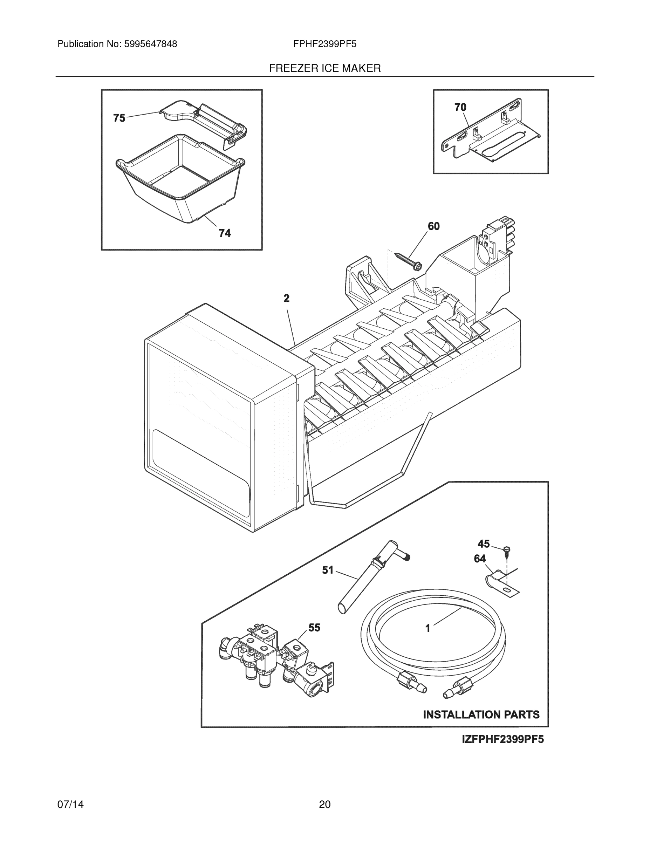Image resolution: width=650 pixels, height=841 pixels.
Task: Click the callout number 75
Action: pyautogui.click(x=119, y=118)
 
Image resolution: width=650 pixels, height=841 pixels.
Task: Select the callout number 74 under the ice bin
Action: pyautogui.click(x=225, y=233)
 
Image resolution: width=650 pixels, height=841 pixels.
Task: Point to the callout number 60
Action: pyautogui.click(x=433, y=226)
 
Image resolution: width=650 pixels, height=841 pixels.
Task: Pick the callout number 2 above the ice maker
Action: pyautogui.click(x=287, y=298)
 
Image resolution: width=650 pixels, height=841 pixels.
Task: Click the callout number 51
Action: pyautogui.click(x=328, y=570)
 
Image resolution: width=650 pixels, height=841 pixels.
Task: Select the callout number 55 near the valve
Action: pyautogui.click(x=314, y=628)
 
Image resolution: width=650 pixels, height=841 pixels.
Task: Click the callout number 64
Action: pyautogui.click(x=480, y=559)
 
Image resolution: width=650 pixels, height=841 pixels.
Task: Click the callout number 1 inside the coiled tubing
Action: pyautogui.click(x=427, y=629)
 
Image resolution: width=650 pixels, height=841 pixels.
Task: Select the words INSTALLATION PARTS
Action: pyautogui.click(x=481, y=715)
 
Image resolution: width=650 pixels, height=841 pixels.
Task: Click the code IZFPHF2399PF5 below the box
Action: pyautogui.click(x=502, y=739)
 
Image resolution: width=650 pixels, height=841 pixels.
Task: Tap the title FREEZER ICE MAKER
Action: pyautogui.click(x=324, y=68)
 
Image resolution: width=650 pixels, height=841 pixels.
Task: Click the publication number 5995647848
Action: pyautogui.click(x=150, y=44)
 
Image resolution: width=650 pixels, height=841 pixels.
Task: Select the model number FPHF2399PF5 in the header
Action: pyautogui.click(x=324, y=44)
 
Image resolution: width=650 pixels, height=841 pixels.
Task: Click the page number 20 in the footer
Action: pyautogui.click(x=324, y=805)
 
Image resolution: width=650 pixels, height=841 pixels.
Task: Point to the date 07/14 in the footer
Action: pyautogui.click(x=70, y=805)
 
